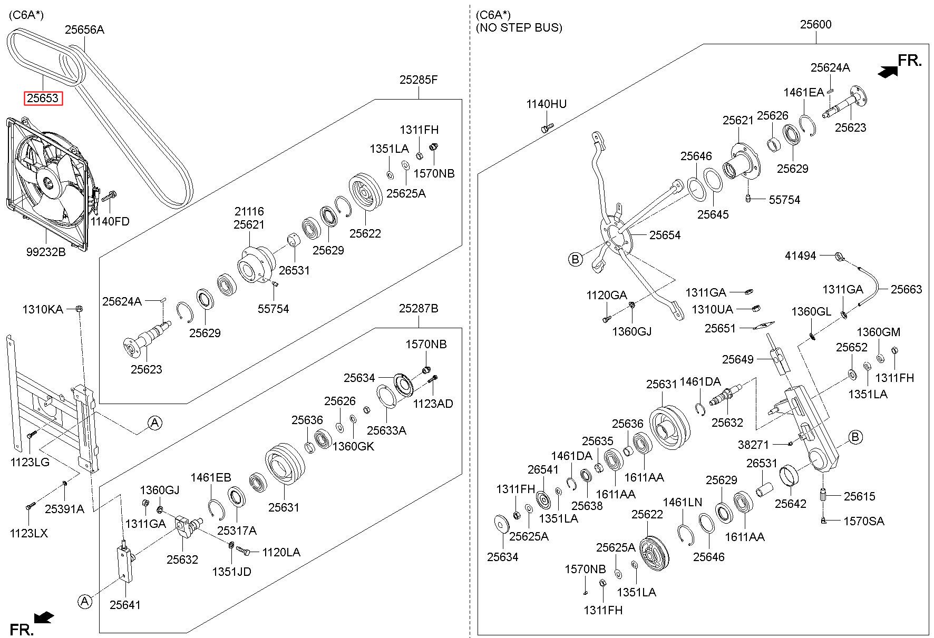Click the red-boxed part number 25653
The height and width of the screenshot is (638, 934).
coord(43,98)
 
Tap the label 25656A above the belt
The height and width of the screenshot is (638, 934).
coord(84,30)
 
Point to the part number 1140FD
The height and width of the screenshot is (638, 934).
coord(110,221)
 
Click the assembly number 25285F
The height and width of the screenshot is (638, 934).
coord(419,80)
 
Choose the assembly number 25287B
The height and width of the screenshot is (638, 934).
coord(419,308)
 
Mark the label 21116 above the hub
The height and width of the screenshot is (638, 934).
coord(249,211)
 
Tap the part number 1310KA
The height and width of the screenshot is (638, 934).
coord(42,309)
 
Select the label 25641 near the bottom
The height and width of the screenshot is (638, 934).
coord(125,605)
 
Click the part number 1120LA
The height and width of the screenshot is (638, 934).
coord(281,552)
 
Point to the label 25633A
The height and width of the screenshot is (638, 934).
coord(386,430)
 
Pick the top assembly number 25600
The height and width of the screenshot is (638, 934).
coord(815,24)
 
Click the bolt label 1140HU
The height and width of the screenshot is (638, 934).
coord(547,104)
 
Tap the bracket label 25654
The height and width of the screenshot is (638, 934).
coord(665,235)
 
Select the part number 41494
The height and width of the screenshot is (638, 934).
coord(800,256)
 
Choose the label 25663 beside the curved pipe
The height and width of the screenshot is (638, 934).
coord(907,289)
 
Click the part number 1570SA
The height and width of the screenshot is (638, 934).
coord(864,521)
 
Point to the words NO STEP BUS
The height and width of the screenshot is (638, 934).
coord(519,28)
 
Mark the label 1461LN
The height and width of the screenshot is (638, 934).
coord(683,503)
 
